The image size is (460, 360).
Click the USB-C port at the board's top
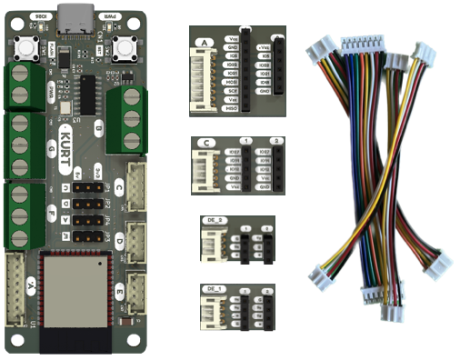coord(74,15)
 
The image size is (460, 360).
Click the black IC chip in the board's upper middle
coord(87,92)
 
